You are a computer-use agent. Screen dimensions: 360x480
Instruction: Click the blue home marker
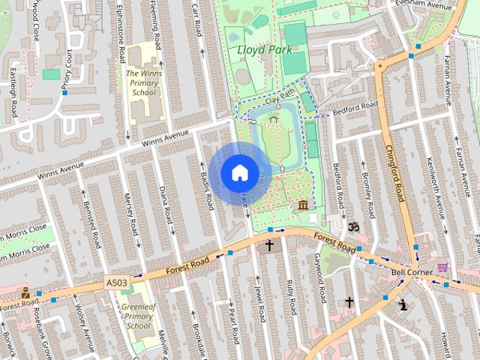point(239,173)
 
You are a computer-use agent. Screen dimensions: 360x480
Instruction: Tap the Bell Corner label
point(409,273)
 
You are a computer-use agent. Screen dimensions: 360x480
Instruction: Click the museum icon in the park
point(303,205)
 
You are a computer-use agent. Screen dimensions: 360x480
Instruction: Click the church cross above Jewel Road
point(269,245)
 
